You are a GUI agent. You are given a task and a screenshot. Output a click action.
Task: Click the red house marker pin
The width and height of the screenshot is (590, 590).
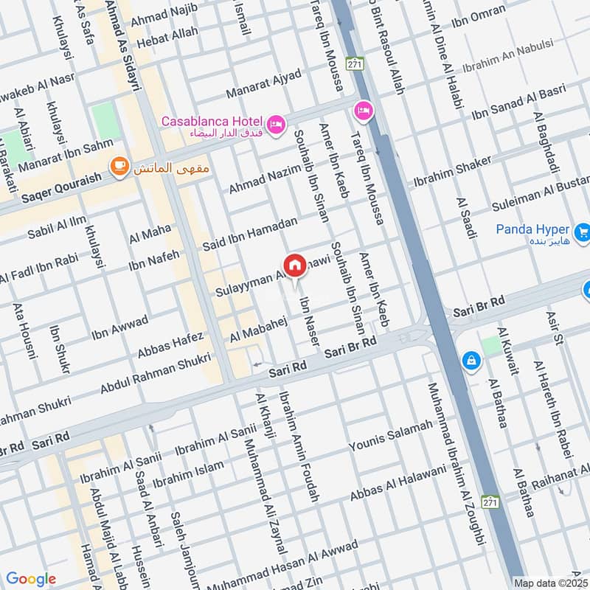[x=294, y=265]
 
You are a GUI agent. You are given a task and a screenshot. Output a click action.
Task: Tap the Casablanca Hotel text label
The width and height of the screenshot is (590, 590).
[x=213, y=120]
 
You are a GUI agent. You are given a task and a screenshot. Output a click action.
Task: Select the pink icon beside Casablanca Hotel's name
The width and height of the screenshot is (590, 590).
[x=277, y=125]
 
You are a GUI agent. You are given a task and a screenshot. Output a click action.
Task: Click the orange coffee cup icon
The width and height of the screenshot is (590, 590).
[x=117, y=167]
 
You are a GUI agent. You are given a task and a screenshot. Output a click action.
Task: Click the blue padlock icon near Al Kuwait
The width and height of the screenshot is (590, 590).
[x=470, y=360]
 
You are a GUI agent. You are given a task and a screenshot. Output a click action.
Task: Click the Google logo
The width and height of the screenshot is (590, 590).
[x=31, y=579]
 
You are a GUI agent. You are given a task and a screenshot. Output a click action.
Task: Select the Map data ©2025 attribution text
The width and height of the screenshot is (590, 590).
[x=551, y=583]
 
